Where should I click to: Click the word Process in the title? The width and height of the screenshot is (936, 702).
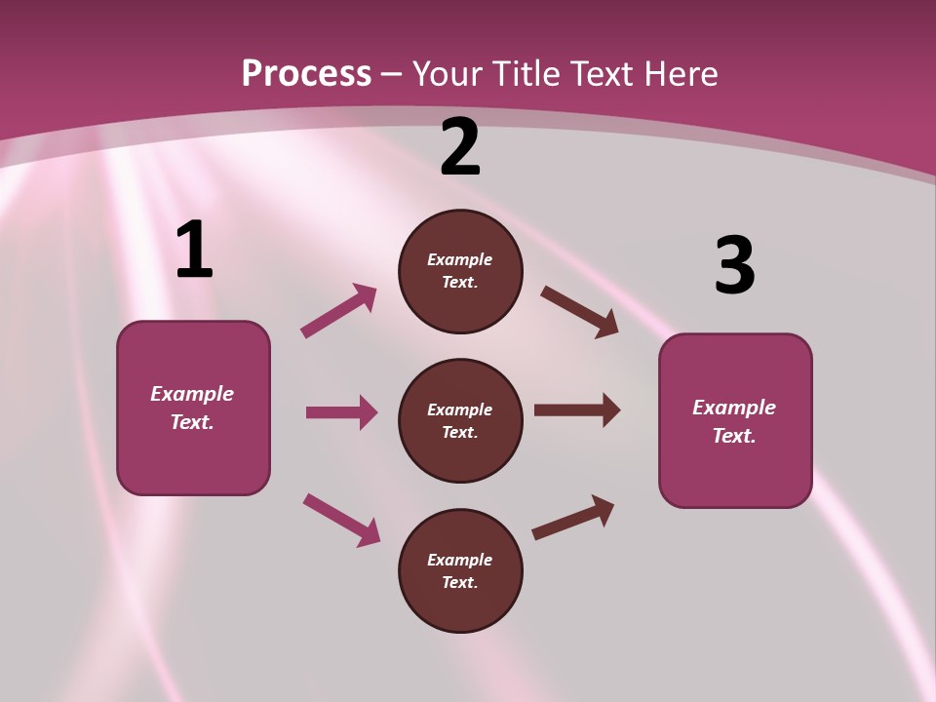(x=307, y=73)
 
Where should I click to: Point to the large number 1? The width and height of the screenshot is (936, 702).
(x=195, y=249)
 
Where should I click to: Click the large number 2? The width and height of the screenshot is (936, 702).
(x=459, y=146)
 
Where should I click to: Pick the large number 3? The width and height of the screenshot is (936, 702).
(x=735, y=264)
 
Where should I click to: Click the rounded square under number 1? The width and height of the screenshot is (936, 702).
(x=193, y=409)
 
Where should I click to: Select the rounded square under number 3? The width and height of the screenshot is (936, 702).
(x=735, y=421)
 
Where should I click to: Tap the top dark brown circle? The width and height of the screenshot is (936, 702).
(x=460, y=271)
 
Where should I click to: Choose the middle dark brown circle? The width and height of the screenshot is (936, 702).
(x=460, y=421)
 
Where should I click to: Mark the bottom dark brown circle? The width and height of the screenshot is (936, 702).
(x=460, y=570)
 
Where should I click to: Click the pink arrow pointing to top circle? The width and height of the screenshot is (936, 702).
(x=339, y=310)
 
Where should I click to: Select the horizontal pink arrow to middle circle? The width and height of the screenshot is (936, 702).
(x=342, y=411)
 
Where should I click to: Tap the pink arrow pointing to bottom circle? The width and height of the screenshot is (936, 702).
(x=342, y=521)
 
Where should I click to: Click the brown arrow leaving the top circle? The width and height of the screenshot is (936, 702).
(x=579, y=312)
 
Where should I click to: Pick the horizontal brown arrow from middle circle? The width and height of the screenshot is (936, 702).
(x=577, y=410)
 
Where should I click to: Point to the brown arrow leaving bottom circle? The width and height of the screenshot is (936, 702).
(x=573, y=518)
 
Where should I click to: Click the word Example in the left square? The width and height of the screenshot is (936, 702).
(x=192, y=395)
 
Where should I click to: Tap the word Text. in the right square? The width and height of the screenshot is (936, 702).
(x=734, y=436)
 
